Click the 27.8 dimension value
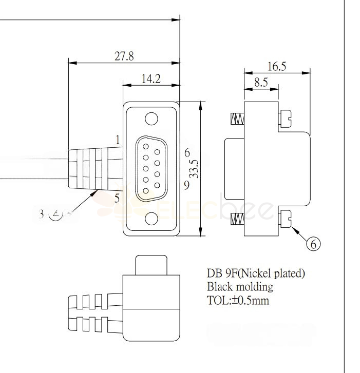coord(124,56)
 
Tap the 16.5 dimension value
coord(277,66)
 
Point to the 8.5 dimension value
coord(261,83)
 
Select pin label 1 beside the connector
coord(118,140)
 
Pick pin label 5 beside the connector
coord(117,198)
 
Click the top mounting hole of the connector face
coord(151,119)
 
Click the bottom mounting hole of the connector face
coord(151,219)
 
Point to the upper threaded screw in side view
coord(237,119)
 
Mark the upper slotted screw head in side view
coord(286,119)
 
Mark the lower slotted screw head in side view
coord(286,219)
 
